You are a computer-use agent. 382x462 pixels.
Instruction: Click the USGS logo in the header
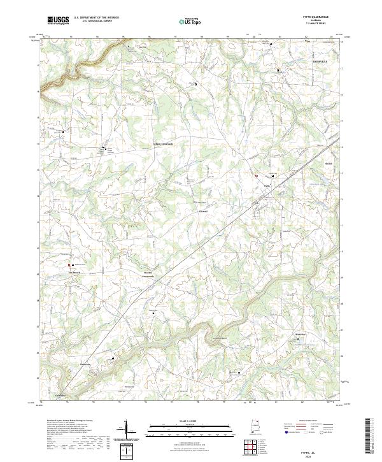click(58, 20)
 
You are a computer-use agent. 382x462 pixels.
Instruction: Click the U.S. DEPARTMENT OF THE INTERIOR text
click(95, 18)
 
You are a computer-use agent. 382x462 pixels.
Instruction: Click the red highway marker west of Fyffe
click(257, 177)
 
